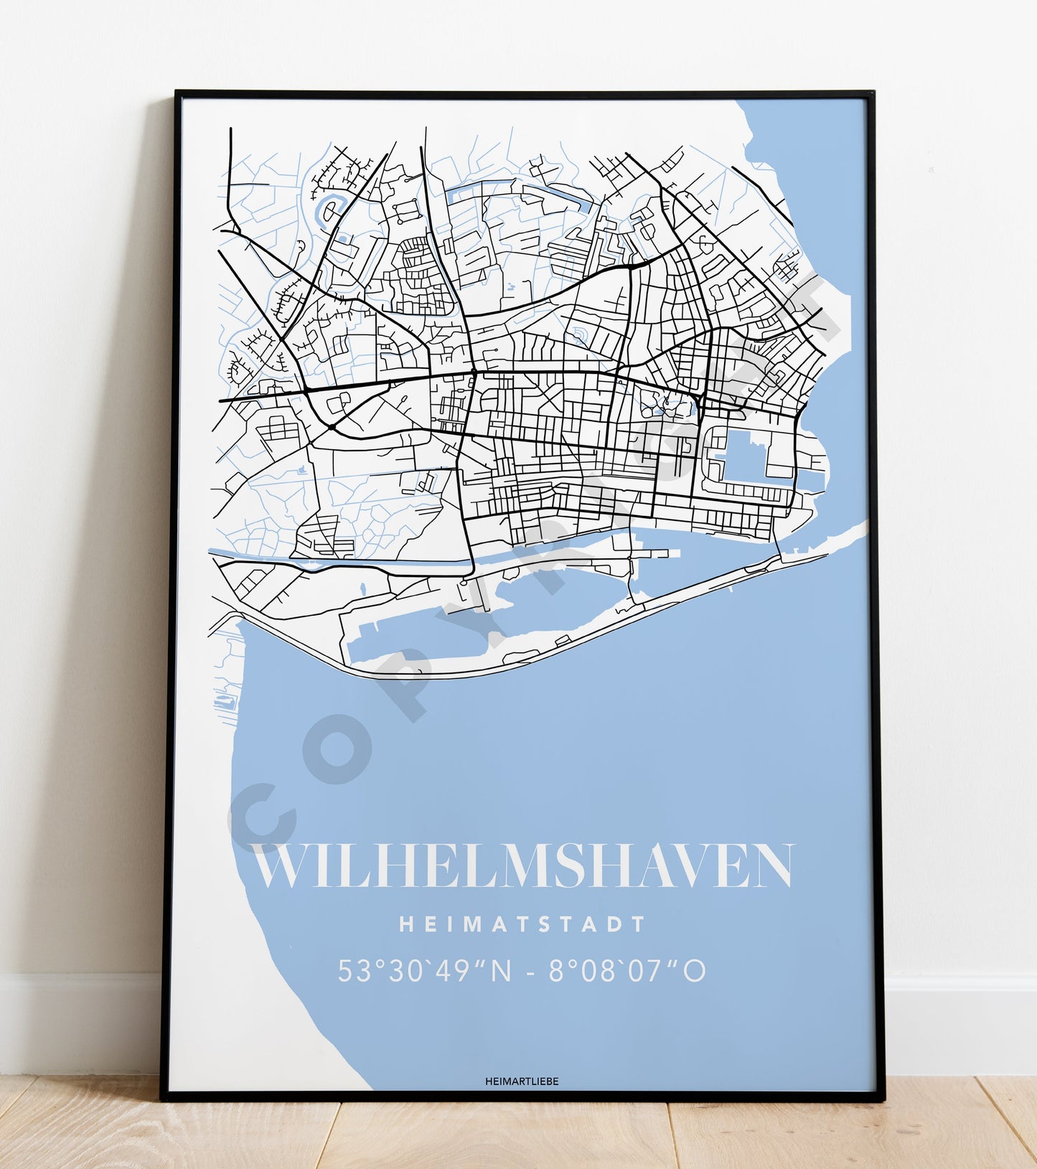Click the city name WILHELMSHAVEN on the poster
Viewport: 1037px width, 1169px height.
tap(523, 865)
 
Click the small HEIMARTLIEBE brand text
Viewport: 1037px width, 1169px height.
tap(522, 1081)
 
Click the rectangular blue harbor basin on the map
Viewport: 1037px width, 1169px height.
tap(746, 456)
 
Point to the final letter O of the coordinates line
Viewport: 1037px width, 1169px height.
tap(694, 971)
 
